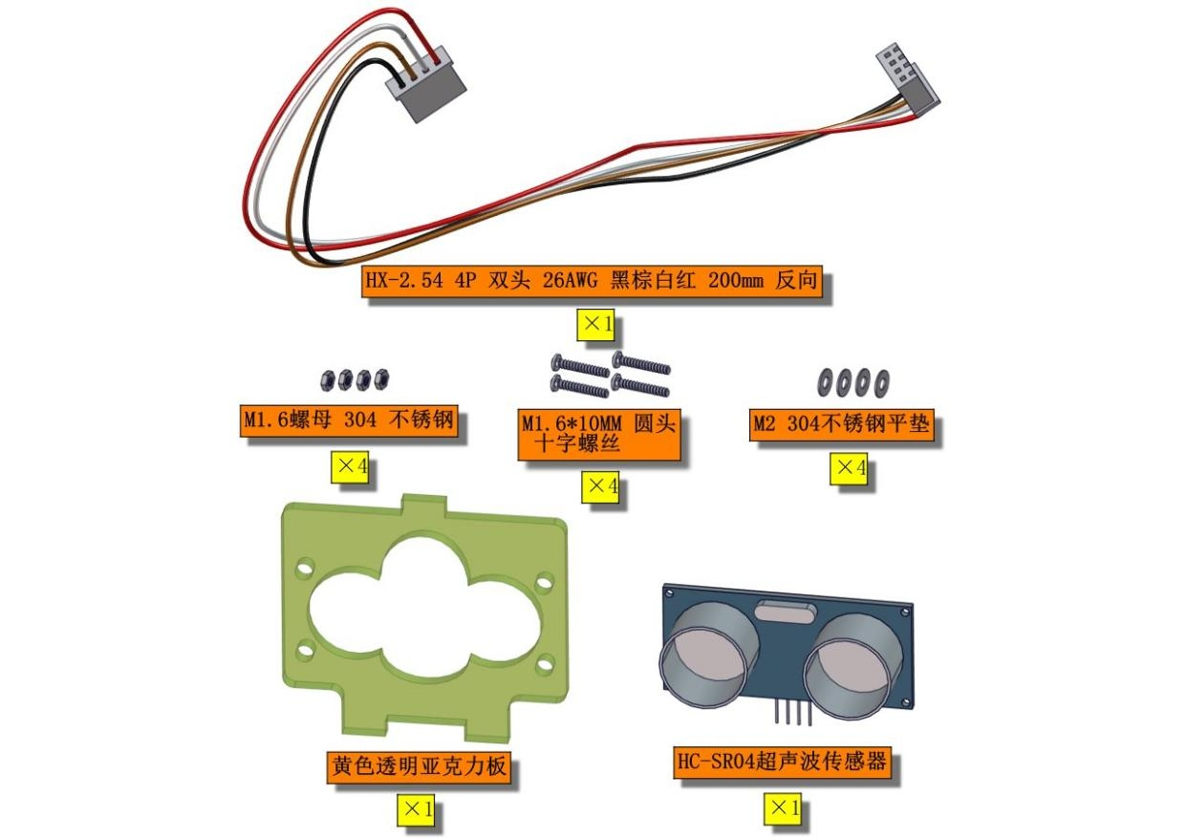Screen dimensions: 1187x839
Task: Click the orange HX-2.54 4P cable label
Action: pos(592,281)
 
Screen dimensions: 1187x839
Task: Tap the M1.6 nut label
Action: pos(349,421)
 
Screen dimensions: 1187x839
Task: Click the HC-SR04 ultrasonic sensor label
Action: pos(782,763)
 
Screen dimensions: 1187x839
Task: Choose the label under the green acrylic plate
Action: pos(419,767)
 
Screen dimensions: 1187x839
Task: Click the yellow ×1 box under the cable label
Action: pos(595,325)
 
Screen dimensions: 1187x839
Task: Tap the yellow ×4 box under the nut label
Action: pos(350,467)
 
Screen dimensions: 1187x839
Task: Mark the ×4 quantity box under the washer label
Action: pos(849,469)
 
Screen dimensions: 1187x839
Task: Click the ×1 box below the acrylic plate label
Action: pos(416,810)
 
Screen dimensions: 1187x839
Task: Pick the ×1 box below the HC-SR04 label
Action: pos(783,808)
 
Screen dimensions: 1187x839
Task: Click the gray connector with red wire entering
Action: pos(426,86)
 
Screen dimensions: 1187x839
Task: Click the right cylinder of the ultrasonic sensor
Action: pos(852,666)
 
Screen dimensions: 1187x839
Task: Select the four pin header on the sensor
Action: pos(792,711)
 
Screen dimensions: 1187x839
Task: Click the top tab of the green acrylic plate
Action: pos(424,506)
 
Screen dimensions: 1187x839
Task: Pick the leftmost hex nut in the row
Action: pos(328,379)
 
